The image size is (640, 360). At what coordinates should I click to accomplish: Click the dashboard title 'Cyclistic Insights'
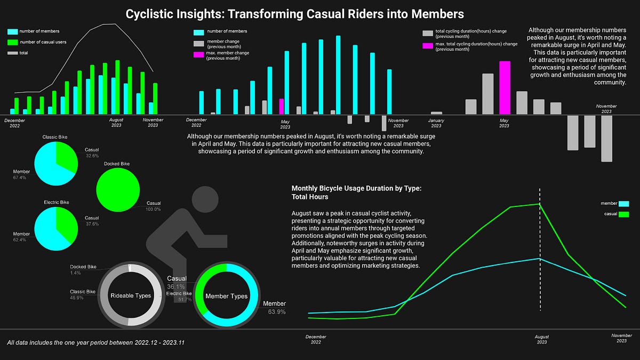(x=294, y=13)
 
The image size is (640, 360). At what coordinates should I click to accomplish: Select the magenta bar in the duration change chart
(x=504, y=87)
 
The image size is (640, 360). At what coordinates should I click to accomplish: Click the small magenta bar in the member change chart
(x=281, y=106)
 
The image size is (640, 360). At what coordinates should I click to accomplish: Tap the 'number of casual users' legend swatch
(x=13, y=42)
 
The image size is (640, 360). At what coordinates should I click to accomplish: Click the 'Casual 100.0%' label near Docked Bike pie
(x=154, y=206)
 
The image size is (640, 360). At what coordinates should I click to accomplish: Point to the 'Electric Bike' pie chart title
(x=56, y=203)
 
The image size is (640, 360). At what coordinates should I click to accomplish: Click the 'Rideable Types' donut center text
(x=130, y=295)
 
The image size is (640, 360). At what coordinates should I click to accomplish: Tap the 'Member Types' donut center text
(x=227, y=296)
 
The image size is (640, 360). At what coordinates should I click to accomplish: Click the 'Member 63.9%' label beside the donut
(x=274, y=307)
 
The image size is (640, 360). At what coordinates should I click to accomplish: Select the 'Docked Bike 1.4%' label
(x=83, y=269)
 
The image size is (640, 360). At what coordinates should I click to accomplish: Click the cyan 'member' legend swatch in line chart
(x=623, y=203)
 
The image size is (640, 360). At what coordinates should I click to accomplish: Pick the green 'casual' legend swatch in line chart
(x=623, y=214)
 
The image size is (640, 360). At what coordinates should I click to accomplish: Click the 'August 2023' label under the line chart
(x=541, y=340)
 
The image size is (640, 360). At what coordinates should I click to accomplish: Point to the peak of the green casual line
(x=539, y=204)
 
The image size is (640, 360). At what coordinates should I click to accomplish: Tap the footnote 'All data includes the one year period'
(x=96, y=342)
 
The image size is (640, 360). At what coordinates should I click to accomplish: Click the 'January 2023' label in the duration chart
(x=436, y=123)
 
